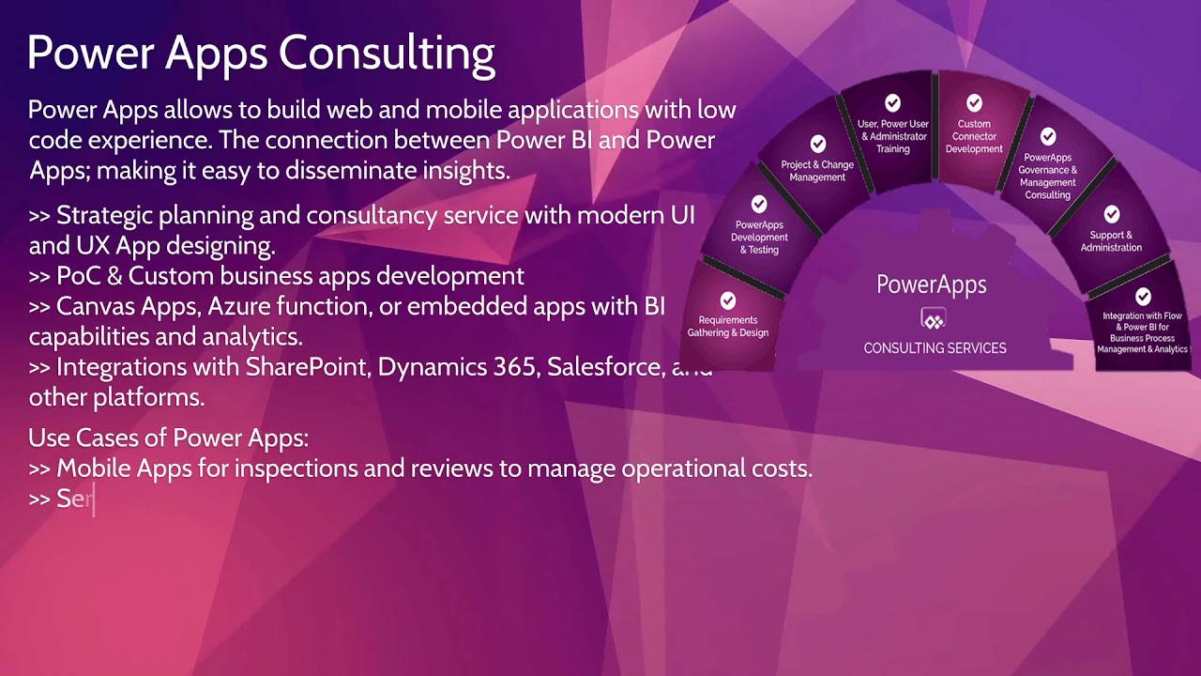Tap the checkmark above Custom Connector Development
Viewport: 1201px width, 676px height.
tap(974, 102)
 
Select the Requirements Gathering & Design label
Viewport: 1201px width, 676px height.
tap(727, 326)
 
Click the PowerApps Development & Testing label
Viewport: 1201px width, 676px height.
tap(759, 238)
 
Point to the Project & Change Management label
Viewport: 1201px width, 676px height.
tap(817, 171)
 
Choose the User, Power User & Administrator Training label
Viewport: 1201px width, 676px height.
tap(892, 136)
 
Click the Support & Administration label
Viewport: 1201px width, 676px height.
tap(1111, 241)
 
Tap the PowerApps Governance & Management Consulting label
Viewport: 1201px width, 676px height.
tap(1047, 177)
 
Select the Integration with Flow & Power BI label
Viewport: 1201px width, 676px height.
tap(1142, 332)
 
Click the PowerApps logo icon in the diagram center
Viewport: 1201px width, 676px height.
tap(933, 319)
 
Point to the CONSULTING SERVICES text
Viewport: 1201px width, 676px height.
tap(935, 348)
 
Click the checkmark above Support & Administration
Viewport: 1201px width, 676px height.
tap(1111, 214)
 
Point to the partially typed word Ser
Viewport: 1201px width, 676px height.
tap(74, 499)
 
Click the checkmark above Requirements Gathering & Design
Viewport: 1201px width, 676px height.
tap(727, 300)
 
